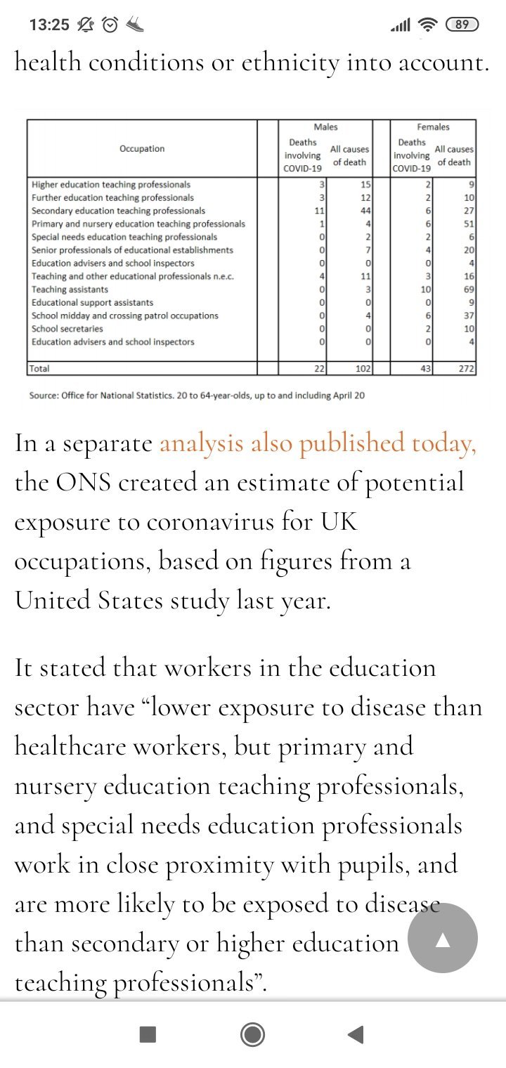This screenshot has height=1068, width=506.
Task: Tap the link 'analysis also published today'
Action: click(x=318, y=444)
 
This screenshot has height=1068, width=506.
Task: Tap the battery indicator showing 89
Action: click(x=462, y=25)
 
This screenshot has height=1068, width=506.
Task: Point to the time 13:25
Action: click(x=49, y=25)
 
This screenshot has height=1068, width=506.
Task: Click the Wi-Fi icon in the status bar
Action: click(x=427, y=25)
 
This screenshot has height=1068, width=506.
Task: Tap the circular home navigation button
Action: click(x=252, y=1034)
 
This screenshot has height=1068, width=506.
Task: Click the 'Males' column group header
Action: click(x=325, y=127)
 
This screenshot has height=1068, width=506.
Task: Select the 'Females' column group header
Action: click(x=433, y=127)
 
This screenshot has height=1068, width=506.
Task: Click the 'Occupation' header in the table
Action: click(x=142, y=149)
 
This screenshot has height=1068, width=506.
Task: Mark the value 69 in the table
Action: click(x=469, y=289)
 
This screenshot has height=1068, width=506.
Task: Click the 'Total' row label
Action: click(x=39, y=368)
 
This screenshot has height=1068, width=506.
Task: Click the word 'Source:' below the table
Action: click(x=45, y=396)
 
